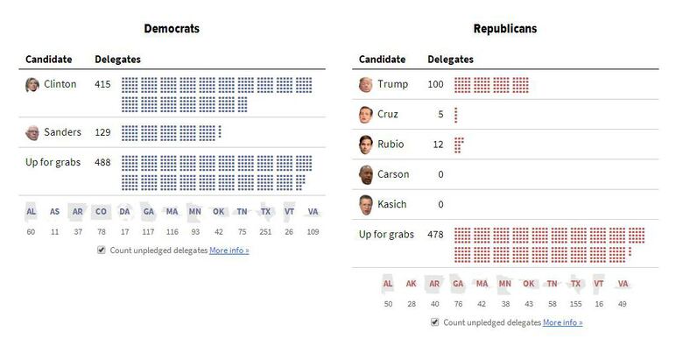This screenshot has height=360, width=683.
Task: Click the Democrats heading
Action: pyautogui.click(x=172, y=29)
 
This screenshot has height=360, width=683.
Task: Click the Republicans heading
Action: pyautogui.click(x=505, y=29)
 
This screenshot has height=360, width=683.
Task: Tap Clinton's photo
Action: pyautogui.click(x=32, y=85)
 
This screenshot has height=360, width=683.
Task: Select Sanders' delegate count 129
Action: pyautogui.click(x=102, y=132)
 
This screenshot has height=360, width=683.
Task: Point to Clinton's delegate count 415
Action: pyautogui.click(x=102, y=85)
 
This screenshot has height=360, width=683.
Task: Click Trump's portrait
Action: pyautogui.click(x=366, y=85)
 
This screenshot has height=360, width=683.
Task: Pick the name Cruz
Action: pyautogui.click(x=388, y=115)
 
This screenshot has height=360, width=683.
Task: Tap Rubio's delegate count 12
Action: pyautogui.click(x=438, y=145)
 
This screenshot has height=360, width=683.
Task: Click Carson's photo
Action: pyautogui.click(x=366, y=174)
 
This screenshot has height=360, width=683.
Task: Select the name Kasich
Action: pyautogui.click(x=392, y=204)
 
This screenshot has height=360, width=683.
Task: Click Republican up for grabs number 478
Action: pyautogui.click(x=435, y=235)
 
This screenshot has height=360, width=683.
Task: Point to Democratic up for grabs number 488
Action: pyautogui.click(x=102, y=162)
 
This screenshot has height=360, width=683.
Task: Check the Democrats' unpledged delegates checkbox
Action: pyautogui.click(x=102, y=250)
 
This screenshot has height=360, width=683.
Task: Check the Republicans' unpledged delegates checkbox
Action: pyautogui.click(x=436, y=322)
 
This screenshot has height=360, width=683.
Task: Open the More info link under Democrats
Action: pyautogui.click(x=229, y=251)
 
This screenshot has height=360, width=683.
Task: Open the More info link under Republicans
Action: pyautogui.click(x=562, y=322)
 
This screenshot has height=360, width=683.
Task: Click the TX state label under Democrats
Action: pyautogui.click(x=265, y=212)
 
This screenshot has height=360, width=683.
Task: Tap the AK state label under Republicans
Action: pyautogui.click(x=412, y=284)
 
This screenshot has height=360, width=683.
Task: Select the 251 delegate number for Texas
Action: pyautogui.click(x=265, y=232)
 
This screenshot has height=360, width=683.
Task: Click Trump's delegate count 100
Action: pyautogui.click(x=435, y=85)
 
